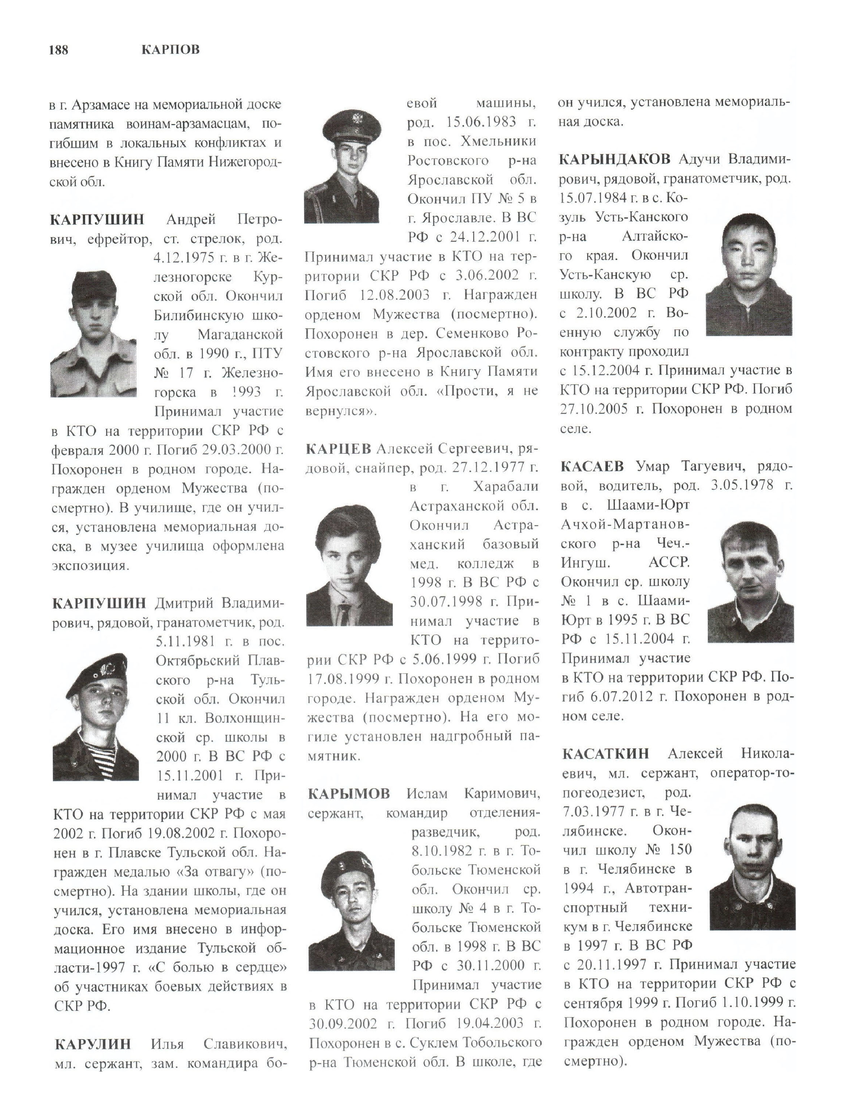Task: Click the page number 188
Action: click(x=58, y=50)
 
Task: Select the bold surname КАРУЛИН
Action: click(x=92, y=1043)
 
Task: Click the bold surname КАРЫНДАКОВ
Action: click(x=614, y=159)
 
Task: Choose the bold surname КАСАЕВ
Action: click(x=592, y=466)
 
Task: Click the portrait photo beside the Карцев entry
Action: click(x=349, y=565)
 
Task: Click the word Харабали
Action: click(x=506, y=487)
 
